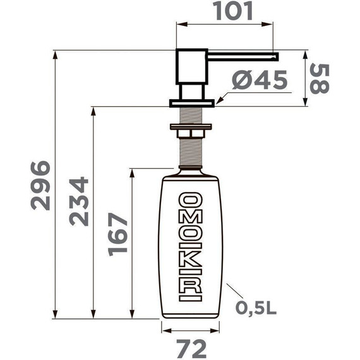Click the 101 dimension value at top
[x=225, y=11]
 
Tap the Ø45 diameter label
[x=259, y=80]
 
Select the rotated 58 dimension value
[x=321, y=78]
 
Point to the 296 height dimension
[x=40, y=184]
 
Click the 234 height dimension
[x=78, y=201]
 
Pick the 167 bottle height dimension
[x=117, y=234]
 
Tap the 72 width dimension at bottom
[x=190, y=347]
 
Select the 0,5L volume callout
[x=256, y=308]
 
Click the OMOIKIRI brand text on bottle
[x=190, y=247]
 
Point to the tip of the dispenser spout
[x=275, y=56]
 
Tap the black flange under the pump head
[x=191, y=102]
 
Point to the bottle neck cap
[x=191, y=169]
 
